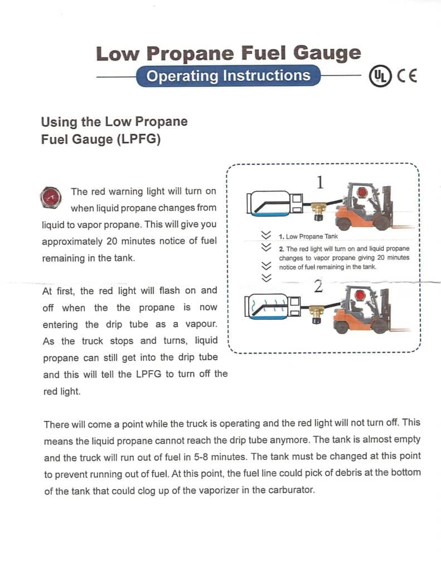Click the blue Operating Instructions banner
pyautogui.click(x=228, y=76)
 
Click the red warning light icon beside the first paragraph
pyautogui.click(x=51, y=196)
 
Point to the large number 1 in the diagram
pyautogui.click(x=320, y=182)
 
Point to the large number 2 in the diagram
pyautogui.click(x=318, y=286)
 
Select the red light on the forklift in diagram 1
pyautogui.click(x=362, y=192)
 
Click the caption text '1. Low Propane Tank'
pyautogui.click(x=312, y=237)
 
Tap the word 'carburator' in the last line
pyautogui.click(x=292, y=490)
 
